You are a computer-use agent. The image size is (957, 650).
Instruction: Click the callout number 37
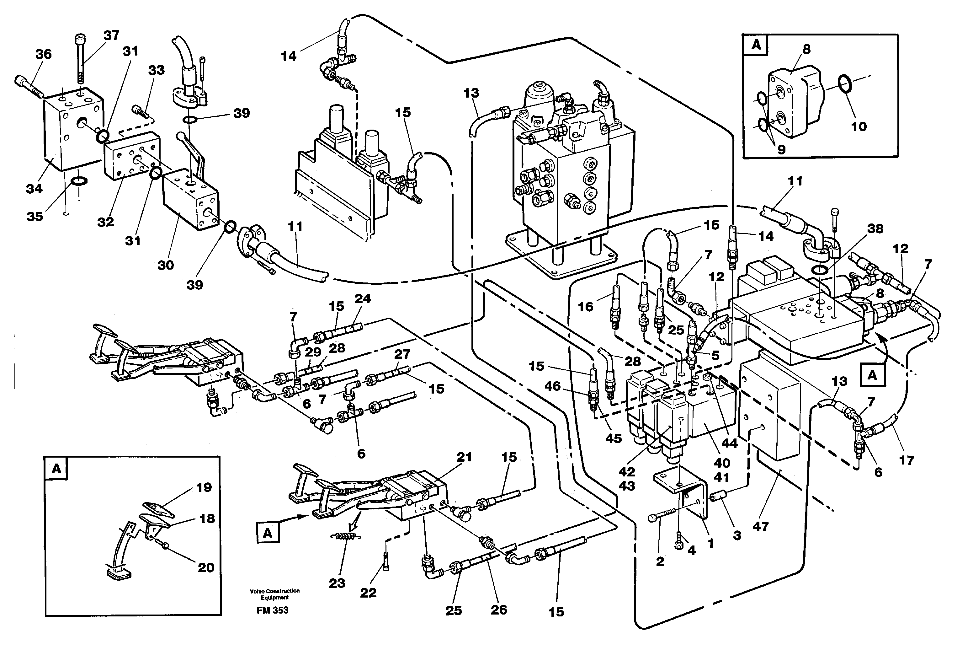point(111,35)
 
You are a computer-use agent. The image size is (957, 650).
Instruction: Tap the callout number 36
point(43,54)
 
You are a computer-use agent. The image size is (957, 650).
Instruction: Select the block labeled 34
point(70,132)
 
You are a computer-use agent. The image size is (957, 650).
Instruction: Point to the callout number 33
point(156,70)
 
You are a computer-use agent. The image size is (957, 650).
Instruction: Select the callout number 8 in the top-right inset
point(806,49)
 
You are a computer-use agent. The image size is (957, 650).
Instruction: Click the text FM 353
point(272,610)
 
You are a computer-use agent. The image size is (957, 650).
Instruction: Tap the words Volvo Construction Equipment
point(275,594)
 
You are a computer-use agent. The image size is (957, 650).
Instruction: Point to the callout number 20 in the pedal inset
point(206,568)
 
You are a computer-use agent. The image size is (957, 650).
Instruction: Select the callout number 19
point(204,487)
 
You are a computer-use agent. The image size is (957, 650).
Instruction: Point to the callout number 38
point(875,228)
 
